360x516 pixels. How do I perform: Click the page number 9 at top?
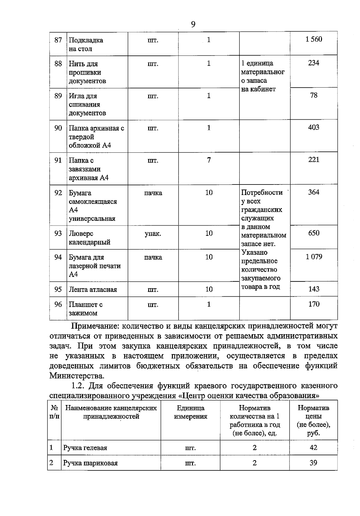tap(193, 24)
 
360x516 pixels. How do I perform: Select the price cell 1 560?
tap(313, 39)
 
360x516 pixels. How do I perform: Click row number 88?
tap(58, 64)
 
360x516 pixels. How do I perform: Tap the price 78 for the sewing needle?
tap(313, 95)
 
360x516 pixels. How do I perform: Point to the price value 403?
tap(313, 127)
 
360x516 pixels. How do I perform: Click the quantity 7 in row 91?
tap(209, 160)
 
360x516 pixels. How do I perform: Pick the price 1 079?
tap(313, 257)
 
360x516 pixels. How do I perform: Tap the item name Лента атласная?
tap(93, 289)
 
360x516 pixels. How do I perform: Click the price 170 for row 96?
tap(313, 304)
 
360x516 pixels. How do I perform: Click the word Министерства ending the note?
tap(77, 376)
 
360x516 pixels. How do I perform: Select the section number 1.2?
tap(79, 385)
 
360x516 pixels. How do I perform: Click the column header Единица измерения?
tap(190, 412)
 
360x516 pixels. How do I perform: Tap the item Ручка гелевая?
tap(85, 448)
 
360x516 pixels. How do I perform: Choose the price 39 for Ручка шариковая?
tap(313, 463)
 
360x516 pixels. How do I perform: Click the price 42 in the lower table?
tap(313, 448)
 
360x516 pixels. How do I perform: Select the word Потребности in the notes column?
tap(262, 193)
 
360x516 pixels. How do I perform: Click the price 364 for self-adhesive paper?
tap(313, 192)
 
